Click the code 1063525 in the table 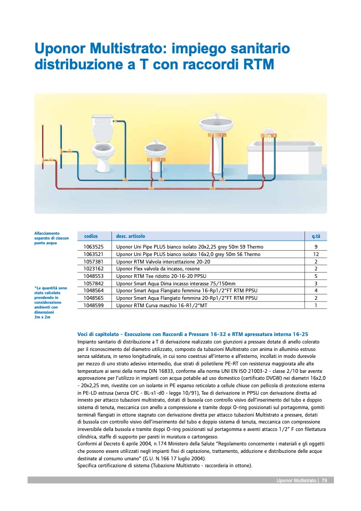[x=94, y=247]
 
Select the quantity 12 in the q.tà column [x=316, y=254]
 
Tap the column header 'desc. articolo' [x=131, y=236]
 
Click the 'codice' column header [x=91, y=236]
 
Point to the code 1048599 [x=94, y=306]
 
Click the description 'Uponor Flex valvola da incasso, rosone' [x=158, y=269]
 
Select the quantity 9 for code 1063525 [x=316, y=247]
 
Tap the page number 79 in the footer [x=324, y=480]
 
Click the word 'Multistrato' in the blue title [x=124, y=49]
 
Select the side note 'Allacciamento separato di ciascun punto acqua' [x=49, y=238]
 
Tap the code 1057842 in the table [x=94, y=284]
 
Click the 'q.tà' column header [x=316, y=236]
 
